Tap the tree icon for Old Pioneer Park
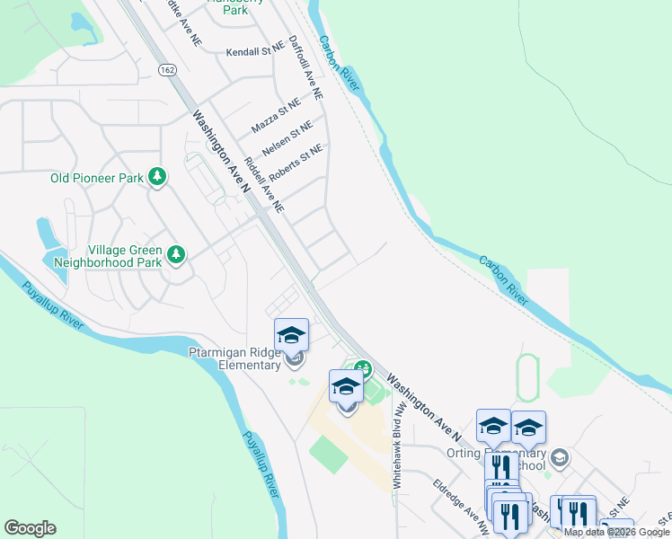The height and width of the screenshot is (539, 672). click(x=158, y=178)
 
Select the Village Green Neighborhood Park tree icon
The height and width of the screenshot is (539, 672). click(x=176, y=256)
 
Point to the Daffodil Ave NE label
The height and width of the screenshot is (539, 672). click(x=305, y=67)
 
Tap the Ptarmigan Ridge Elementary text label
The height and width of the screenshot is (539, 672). click(x=234, y=358)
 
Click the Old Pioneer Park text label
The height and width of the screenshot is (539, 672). click(x=97, y=178)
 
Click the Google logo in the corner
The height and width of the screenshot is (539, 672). click(x=30, y=528)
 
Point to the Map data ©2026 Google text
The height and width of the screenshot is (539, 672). click(x=615, y=532)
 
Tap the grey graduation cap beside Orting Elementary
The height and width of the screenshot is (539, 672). click(x=560, y=459)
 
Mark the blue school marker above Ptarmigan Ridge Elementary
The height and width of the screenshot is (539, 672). click(x=291, y=335)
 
